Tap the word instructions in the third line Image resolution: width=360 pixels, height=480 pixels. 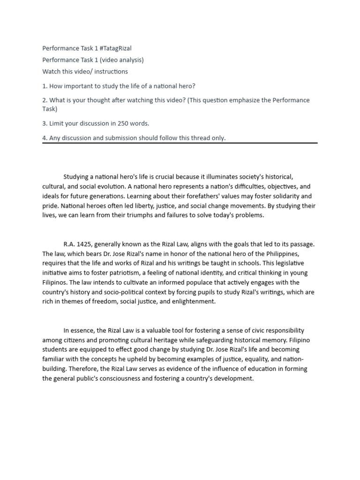point(111,71)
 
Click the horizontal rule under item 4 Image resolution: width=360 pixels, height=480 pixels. point(180,143)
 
